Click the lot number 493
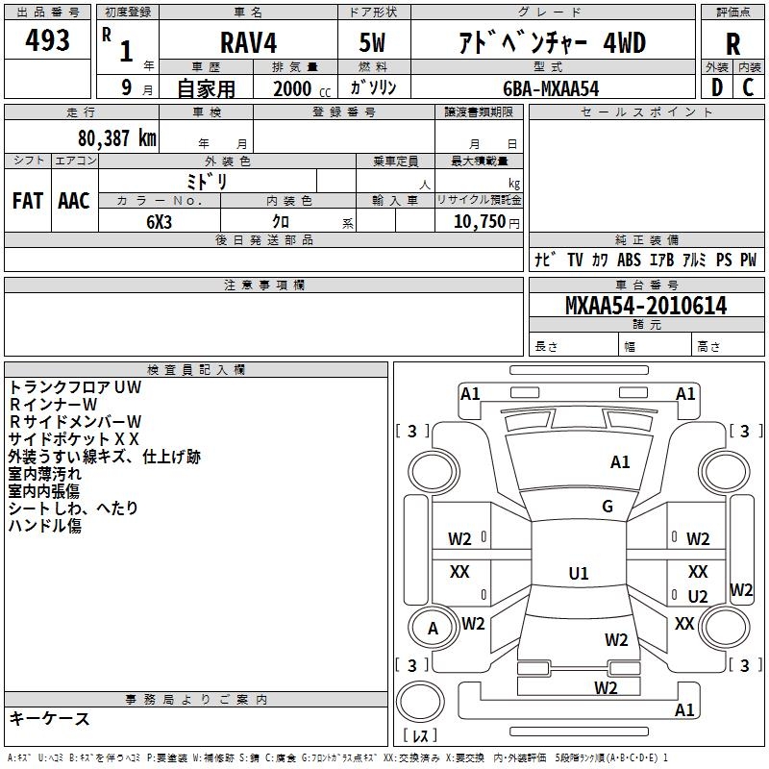coord(49,40)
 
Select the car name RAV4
coord(247,43)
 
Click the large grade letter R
coord(732,44)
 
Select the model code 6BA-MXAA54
coord(551,88)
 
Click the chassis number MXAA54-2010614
coord(646,306)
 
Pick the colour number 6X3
coord(160,221)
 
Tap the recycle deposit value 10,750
coord(479,221)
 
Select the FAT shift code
coord(28,201)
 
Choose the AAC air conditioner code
coord(74,201)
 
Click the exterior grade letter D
coord(716,87)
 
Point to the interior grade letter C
coord(749,87)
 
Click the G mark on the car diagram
coord(608,507)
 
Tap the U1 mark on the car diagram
coord(578,574)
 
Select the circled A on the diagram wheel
coord(433,629)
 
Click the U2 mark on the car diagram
coord(697,596)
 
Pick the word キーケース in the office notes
coord(50,718)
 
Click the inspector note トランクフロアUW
coord(75,386)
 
